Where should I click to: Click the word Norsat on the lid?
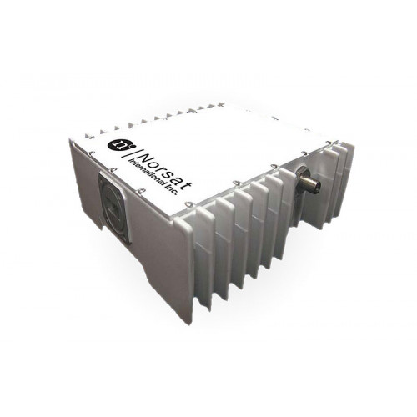[166, 171]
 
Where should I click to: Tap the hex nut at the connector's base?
[301, 174]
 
